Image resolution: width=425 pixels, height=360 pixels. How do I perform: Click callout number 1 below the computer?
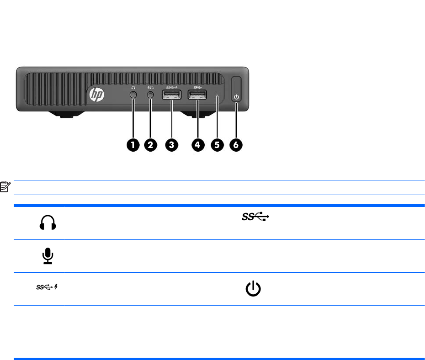pos(133,145)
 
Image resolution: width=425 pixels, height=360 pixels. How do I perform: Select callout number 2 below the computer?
pos(150,145)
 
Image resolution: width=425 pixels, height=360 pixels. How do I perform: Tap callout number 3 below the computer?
pos(172,145)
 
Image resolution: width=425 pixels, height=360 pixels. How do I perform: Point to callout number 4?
pos(198,145)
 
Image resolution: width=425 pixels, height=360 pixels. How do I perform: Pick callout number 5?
pos(217,145)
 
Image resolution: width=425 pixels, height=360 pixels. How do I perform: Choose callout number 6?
pos(236,145)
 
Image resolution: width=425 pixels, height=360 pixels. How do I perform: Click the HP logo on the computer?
pos(96,95)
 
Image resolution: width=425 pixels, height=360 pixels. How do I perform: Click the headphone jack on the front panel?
pos(133,95)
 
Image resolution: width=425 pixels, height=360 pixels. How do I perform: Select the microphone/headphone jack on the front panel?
pos(150,95)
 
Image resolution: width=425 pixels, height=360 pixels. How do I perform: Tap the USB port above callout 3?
pos(172,95)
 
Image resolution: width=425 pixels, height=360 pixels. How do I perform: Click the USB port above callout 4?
pos(198,95)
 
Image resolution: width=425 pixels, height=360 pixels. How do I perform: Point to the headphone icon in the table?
pos(48,222)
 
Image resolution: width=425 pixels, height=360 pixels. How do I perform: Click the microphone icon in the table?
pos(48,256)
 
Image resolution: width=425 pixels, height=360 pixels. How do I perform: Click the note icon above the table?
pos(5,186)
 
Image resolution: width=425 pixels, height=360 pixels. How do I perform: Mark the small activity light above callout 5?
pos(217,96)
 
